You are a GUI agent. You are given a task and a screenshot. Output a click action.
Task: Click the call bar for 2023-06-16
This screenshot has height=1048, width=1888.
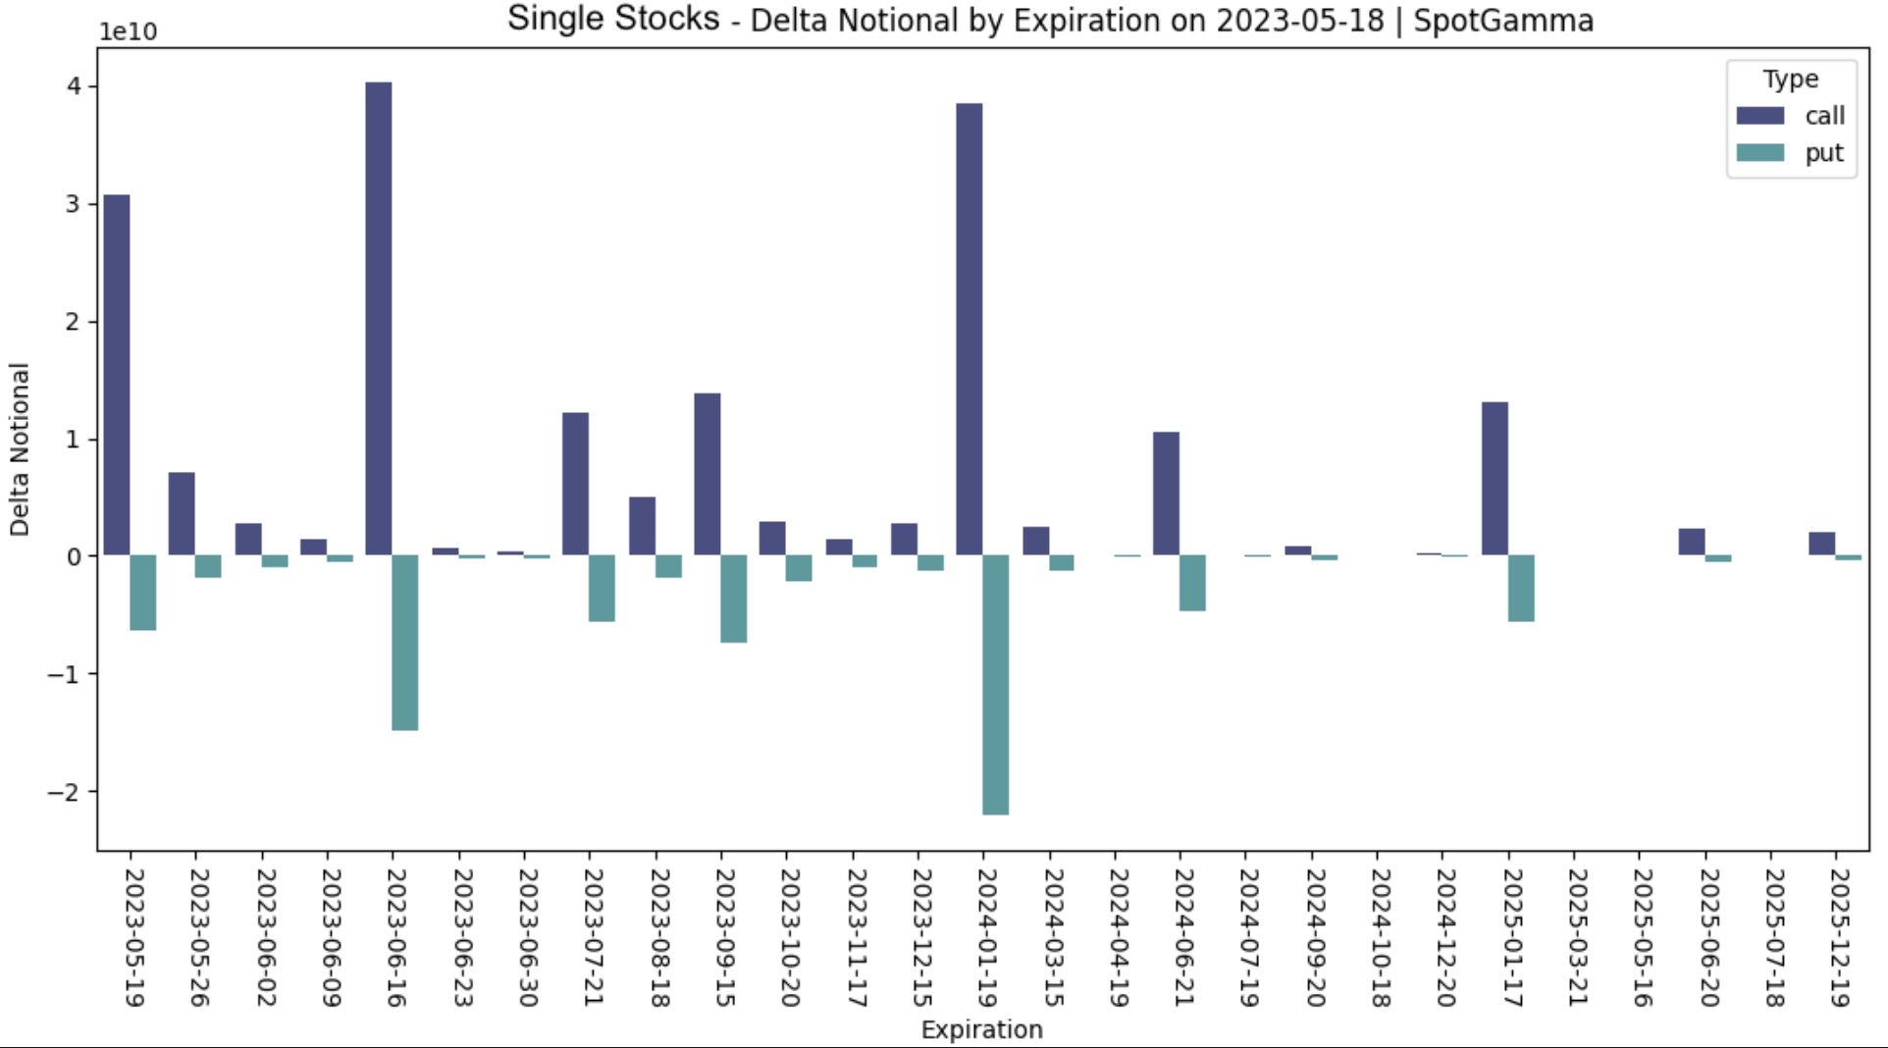tap(379, 319)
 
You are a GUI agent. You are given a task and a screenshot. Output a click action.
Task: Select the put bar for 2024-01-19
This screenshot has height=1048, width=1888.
tap(995, 684)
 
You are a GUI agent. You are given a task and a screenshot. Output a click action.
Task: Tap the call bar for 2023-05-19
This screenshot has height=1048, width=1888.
tap(117, 375)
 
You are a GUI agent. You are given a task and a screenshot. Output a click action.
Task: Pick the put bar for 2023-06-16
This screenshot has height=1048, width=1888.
tap(405, 642)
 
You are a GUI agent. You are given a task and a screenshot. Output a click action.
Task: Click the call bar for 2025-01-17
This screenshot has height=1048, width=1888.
tap(1495, 479)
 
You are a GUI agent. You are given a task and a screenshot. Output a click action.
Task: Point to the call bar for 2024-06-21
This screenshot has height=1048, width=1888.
tap(1166, 494)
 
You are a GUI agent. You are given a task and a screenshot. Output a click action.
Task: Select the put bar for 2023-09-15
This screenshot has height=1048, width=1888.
tap(733, 599)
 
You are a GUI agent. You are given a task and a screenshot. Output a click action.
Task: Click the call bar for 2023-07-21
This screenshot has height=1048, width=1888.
tap(575, 484)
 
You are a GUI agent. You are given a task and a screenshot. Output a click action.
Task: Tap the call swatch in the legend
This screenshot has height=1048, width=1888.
tap(1759, 116)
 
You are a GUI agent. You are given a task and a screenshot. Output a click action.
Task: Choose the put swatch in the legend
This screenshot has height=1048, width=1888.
tap(1759, 153)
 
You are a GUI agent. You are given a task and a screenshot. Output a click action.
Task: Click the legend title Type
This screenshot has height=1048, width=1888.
tap(1790, 79)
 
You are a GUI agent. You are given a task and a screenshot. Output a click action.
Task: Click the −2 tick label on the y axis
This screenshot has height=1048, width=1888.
tap(65, 792)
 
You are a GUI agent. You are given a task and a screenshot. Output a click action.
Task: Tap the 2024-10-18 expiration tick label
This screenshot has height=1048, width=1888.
tap(1379, 937)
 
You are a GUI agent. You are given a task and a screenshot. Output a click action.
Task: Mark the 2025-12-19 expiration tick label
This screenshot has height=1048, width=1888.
tap(1838, 937)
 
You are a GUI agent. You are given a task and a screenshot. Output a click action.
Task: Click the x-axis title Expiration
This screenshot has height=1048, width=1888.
tap(981, 1029)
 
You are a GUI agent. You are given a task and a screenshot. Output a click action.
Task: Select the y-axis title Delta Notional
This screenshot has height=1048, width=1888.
tap(20, 449)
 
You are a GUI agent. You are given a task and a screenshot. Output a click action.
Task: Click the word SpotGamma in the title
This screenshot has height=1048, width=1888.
tap(1503, 21)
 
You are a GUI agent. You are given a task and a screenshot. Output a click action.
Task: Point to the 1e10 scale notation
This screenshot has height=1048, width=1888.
tap(128, 31)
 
